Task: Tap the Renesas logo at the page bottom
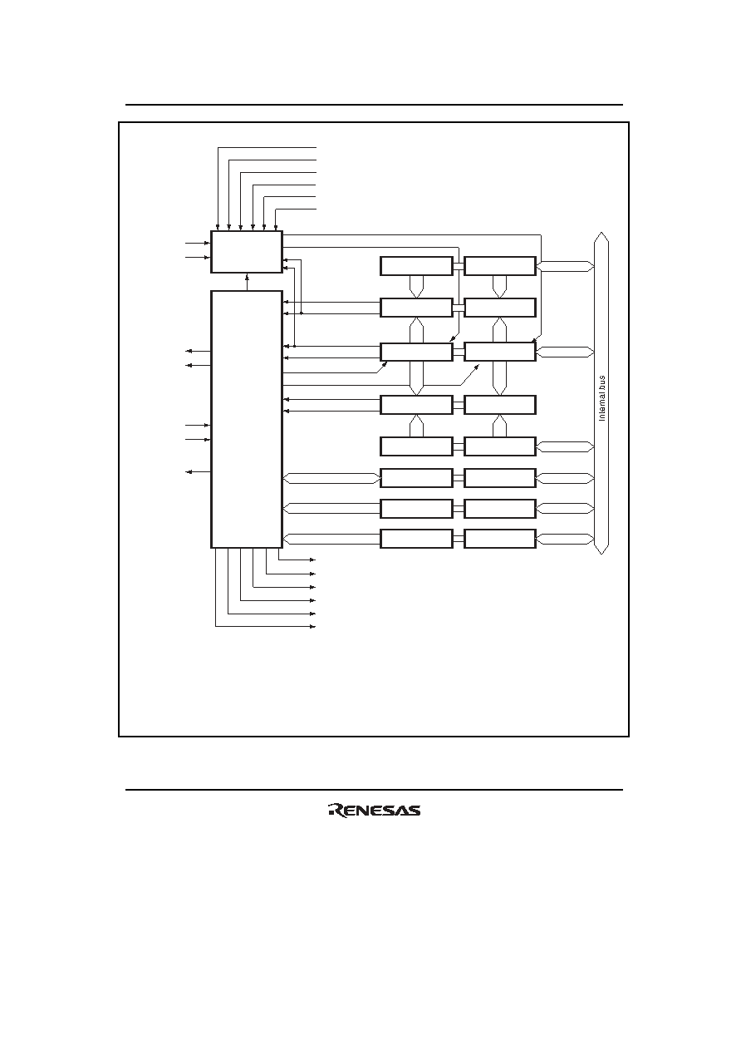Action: coord(375,810)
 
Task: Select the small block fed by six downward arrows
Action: coord(247,251)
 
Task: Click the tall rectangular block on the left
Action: coord(247,419)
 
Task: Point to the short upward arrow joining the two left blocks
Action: coord(247,282)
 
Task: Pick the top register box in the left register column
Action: coord(416,266)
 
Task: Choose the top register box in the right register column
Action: coord(500,266)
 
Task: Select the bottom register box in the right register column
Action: coord(500,539)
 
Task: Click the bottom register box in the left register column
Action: coord(416,539)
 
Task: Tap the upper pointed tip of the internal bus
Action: coord(601,232)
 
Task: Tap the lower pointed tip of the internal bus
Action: coord(601,554)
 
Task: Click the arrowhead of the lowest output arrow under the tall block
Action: coord(313,626)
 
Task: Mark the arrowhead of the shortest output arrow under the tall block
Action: coord(313,560)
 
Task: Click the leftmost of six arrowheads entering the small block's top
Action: coord(218,228)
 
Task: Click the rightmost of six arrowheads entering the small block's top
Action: coord(276,228)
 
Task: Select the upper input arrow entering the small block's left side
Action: coord(198,244)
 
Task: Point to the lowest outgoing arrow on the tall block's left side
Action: coord(199,471)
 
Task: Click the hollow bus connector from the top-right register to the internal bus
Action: coord(566,266)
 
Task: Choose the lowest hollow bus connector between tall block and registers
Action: coord(331,539)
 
